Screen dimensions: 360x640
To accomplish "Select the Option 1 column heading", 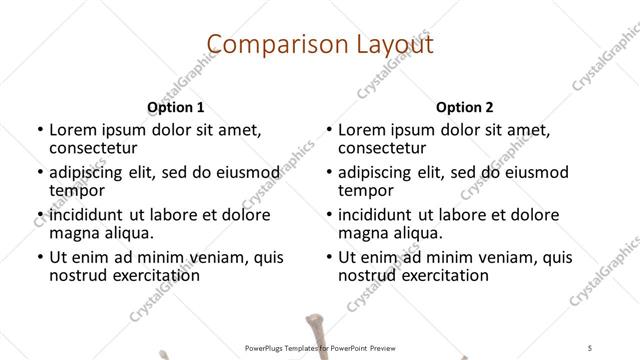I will [176, 106].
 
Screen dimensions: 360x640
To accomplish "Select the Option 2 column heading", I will [465, 106].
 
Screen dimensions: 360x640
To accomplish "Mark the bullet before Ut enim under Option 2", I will [328, 257].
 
